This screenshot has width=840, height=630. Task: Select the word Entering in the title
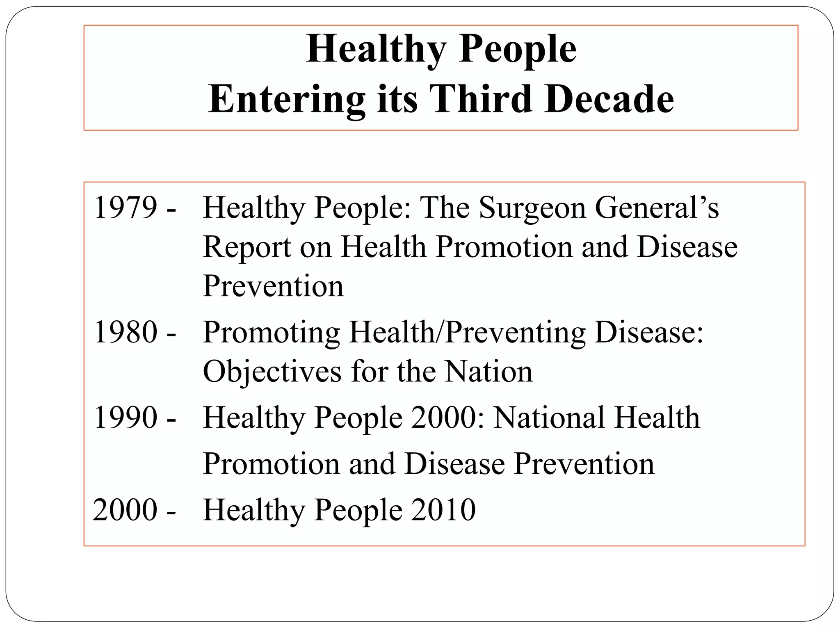[x=286, y=100]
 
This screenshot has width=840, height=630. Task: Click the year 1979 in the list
[x=126, y=208]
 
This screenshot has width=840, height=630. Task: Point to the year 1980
[x=126, y=332]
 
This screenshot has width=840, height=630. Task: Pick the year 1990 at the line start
[x=126, y=417]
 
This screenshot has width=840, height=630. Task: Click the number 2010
[x=443, y=510]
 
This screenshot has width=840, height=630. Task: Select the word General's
[x=657, y=208]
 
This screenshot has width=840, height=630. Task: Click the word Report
[x=247, y=247]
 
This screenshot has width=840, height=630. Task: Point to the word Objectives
[x=272, y=372]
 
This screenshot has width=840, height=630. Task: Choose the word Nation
[x=489, y=372]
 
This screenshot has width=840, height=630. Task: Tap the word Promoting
[x=271, y=333]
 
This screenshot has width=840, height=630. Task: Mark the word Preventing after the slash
[x=515, y=333]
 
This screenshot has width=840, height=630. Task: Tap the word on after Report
[x=315, y=247]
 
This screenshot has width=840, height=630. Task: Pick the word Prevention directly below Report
[x=273, y=286]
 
